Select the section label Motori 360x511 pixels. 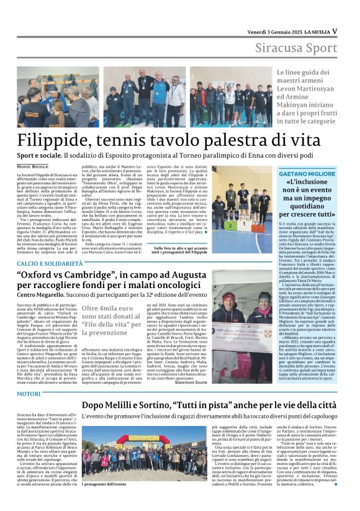29,393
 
